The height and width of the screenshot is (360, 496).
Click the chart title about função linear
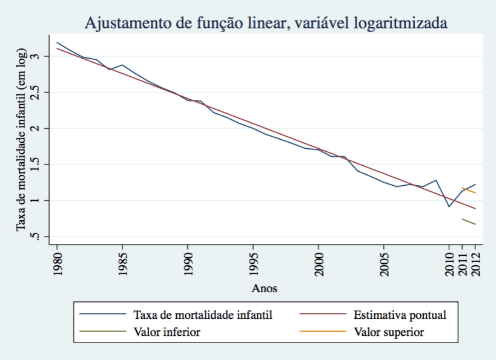pos(266,24)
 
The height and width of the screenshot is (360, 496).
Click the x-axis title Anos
pos(265,289)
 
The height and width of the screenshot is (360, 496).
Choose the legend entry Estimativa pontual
pos(399,315)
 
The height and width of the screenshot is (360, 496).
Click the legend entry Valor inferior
pos(166,332)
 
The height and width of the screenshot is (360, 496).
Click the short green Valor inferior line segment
pos(468,221)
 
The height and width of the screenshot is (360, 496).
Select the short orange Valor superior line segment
pos(468,191)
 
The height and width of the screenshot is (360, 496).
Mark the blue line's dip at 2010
pos(449,206)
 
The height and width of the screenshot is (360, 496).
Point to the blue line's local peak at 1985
pos(122,65)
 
